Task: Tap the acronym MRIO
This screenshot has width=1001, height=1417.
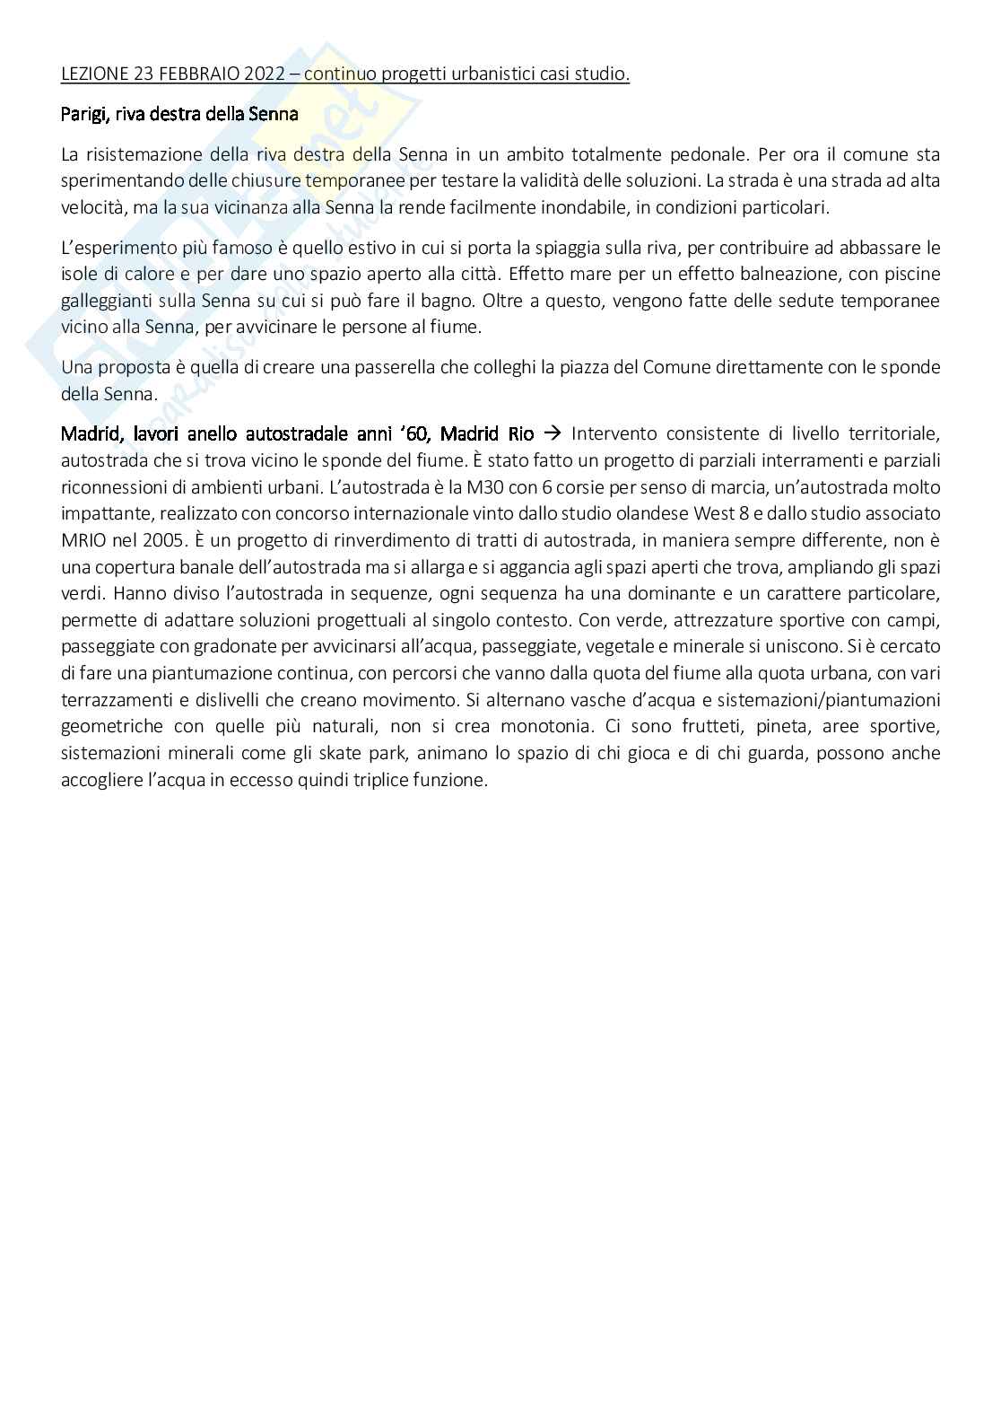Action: (x=83, y=540)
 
